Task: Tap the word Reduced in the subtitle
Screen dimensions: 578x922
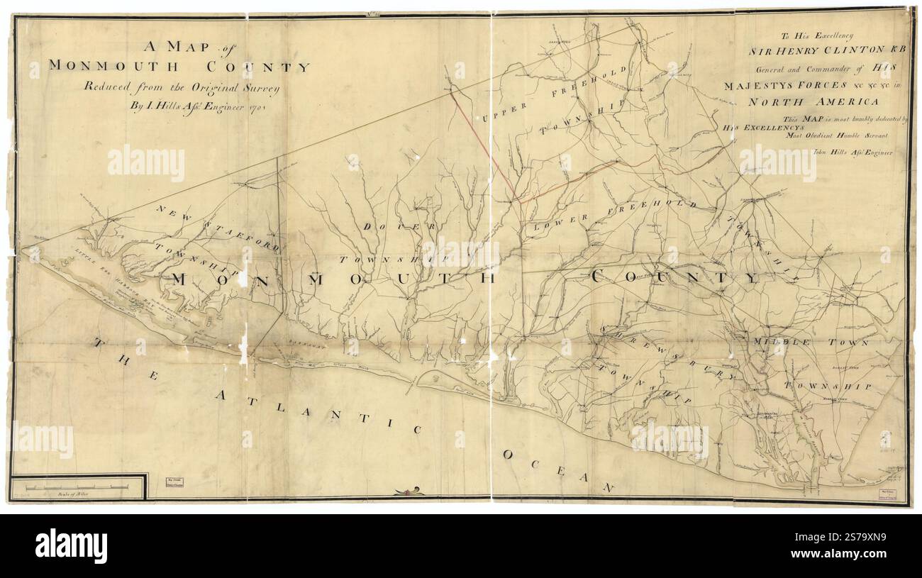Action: (111, 88)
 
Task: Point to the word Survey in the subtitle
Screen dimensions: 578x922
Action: (261, 88)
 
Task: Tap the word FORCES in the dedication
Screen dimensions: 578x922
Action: (800, 86)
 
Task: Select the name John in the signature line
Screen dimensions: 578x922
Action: (821, 151)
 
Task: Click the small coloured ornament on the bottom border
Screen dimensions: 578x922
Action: (410, 491)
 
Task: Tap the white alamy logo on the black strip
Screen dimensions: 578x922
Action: (71, 546)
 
